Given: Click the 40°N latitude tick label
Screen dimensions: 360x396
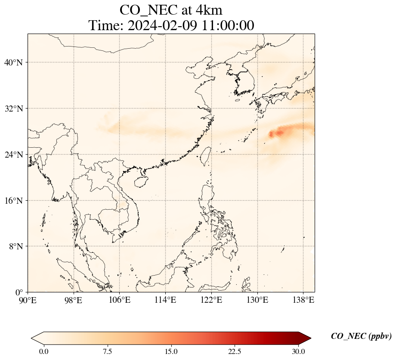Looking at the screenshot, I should (x=13, y=62).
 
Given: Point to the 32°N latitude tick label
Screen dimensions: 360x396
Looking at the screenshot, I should (x=13, y=109).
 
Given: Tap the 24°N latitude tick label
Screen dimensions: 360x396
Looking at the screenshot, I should (x=13, y=155).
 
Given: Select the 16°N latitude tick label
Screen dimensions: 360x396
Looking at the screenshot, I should (x=13, y=201).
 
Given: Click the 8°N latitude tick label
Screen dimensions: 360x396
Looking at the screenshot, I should (x=15, y=246).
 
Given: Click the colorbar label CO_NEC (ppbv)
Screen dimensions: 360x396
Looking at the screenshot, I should (x=361, y=336).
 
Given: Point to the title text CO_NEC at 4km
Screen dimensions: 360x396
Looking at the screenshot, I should (x=171, y=9).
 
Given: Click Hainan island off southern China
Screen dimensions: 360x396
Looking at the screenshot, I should (x=140, y=181).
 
